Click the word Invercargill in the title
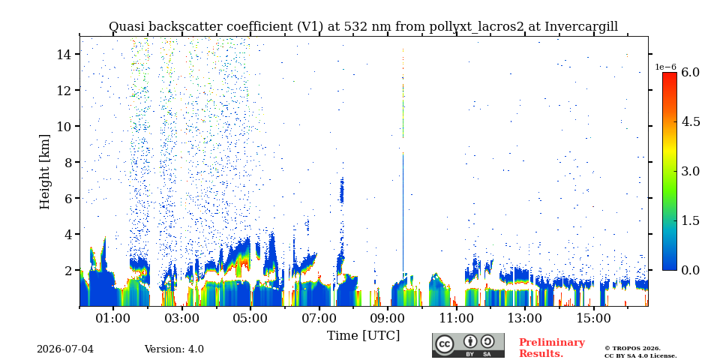[581, 27]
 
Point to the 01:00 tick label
[113, 318]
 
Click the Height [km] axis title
[44, 172]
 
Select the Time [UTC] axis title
[363, 336]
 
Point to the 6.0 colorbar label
[690, 72]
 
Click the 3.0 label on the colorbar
[690, 171]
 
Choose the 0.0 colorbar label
[690, 270]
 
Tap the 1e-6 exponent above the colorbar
[666, 67]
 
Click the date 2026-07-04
[65, 349]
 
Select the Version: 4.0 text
[174, 349]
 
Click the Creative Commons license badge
[468, 345]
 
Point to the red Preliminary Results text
[552, 347]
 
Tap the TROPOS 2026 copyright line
[632, 349]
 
